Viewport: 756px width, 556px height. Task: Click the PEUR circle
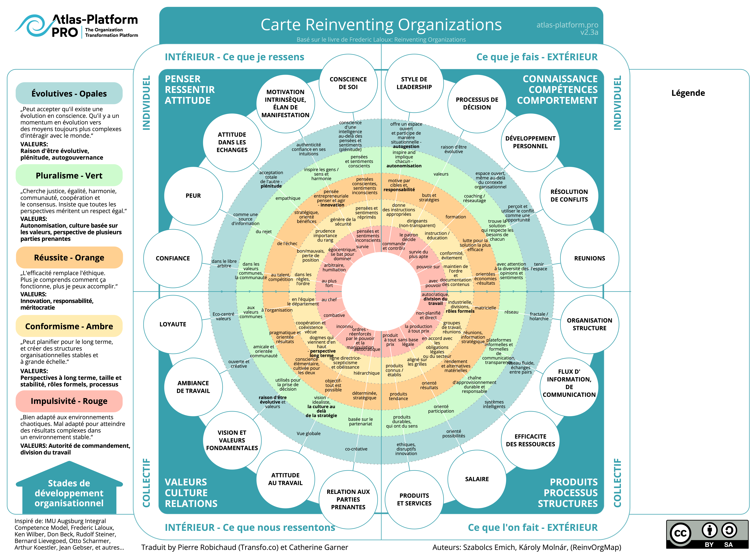coord(193,196)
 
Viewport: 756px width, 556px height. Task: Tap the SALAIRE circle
coord(477,479)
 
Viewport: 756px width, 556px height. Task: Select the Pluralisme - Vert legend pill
coord(69,175)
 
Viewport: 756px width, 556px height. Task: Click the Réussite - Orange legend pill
coord(69,257)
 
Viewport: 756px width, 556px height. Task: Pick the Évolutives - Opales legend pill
coord(69,93)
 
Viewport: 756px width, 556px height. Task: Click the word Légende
coord(688,93)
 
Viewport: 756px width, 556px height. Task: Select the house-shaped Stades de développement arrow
coord(69,490)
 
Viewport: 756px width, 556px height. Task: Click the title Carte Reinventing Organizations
coord(381,25)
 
